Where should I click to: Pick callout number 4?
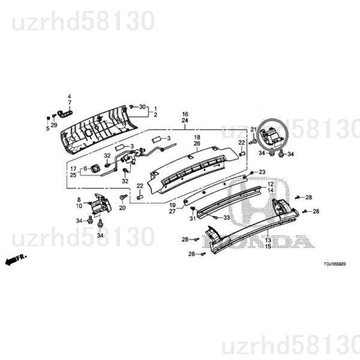[x=68, y=97]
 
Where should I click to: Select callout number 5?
[x=47, y=128]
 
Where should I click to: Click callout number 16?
[x=185, y=114]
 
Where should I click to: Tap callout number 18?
[x=196, y=137]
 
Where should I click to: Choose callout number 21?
[x=253, y=130]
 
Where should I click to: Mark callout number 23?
[x=262, y=172]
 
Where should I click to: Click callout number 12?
[x=270, y=184]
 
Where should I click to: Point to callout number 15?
[x=268, y=247]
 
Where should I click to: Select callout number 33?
[x=227, y=217]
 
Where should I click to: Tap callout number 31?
[x=193, y=218]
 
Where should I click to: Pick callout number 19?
[x=172, y=205]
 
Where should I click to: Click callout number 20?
[x=122, y=208]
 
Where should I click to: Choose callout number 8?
[x=79, y=199]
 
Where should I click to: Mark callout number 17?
[x=73, y=169]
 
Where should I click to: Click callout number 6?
[x=85, y=169]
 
